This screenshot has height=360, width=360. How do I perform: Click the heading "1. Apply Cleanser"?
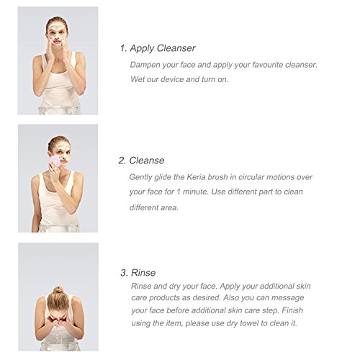[x=158, y=48]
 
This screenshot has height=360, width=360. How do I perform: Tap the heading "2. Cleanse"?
[x=141, y=161]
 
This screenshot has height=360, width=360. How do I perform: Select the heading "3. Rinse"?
[x=138, y=273]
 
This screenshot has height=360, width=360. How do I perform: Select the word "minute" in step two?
[x=195, y=192]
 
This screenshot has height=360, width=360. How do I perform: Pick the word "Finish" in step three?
[x=292, y=310]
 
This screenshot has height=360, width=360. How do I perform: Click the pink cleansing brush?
[x=55, y=162]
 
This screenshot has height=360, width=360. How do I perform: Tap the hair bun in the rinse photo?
[x=58, y=290]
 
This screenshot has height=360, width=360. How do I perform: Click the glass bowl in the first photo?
[x=58, y=110]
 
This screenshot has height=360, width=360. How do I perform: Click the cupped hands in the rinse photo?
[x=58, y=321]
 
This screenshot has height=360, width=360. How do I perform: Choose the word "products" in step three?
[x=164, y=298]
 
